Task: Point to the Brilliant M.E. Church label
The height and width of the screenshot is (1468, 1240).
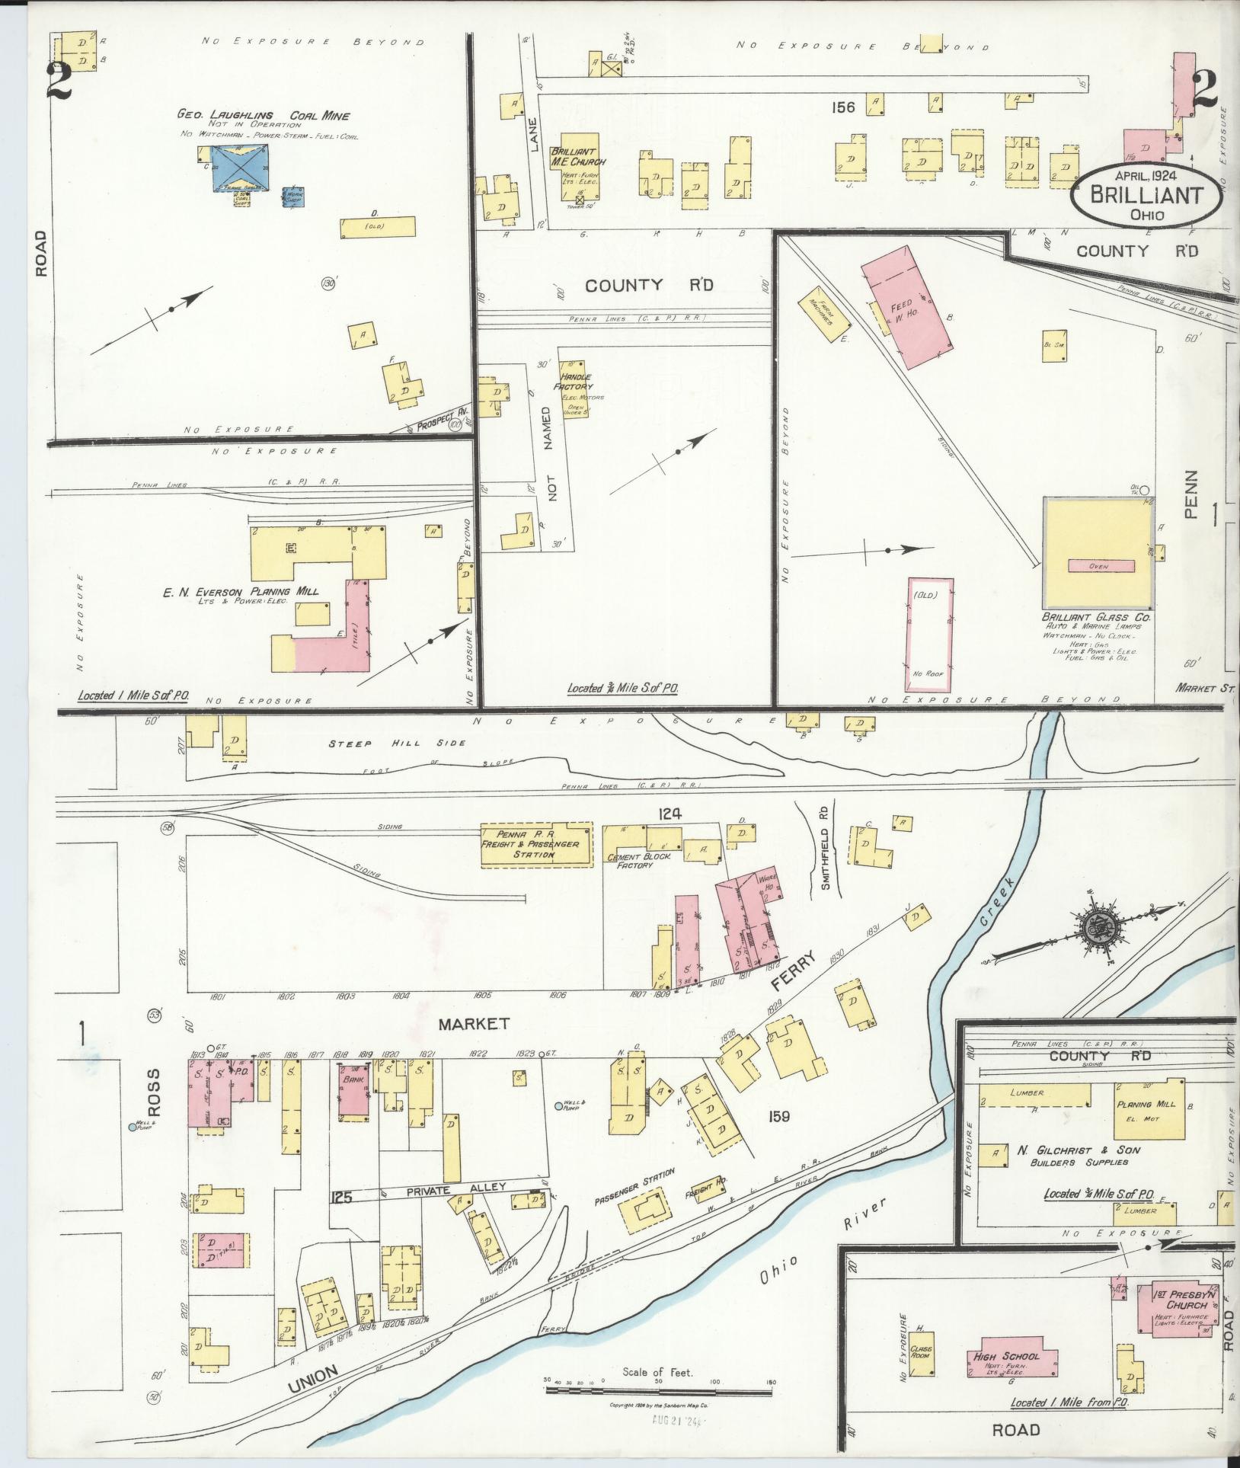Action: tap(578, 157)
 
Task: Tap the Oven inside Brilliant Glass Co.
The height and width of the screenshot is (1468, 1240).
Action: tap(1101, 565)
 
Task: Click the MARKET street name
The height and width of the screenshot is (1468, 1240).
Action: tap(481, 1024)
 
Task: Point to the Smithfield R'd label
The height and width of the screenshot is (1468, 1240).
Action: tap(823, 846)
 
